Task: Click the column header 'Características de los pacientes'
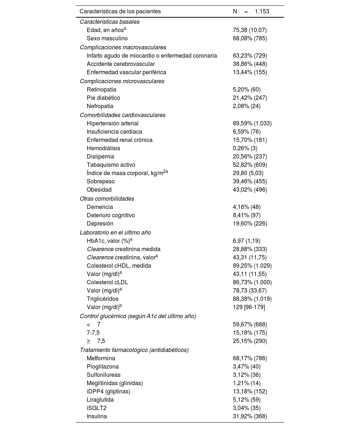tap(120, 12)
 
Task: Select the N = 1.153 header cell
tap(251, 12)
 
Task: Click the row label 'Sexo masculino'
tap(107, 39)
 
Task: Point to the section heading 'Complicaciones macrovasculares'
tap(123, 47)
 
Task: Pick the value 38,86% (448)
tap(250, 64)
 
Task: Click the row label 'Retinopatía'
tap(101, 90)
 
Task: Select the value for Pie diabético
tap(250, 98)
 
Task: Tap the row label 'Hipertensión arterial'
tap(112, 124)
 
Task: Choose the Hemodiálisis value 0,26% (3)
tap(247, 148)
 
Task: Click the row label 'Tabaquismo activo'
tap(111, 165)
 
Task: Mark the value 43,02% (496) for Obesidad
tap(250, 190)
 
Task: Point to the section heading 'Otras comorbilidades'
tap(107, 199)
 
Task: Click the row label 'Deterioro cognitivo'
tap(111, 215)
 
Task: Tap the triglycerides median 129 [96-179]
tap(249, 307)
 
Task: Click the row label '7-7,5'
tap(93, 333)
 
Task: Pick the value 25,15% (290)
tap(250, 341)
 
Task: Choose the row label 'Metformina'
tap(101, 358)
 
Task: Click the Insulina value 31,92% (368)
tap(250, 416)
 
